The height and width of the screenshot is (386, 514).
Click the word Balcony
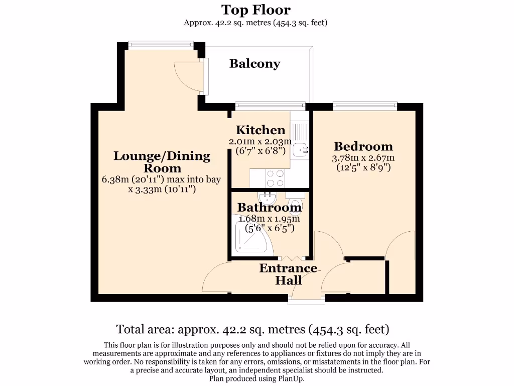coord(254,64)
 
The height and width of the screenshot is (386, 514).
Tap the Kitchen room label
coord(261,130)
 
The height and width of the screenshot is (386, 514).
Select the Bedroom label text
coord(363,146)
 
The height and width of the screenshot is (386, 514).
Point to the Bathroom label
coord(269,207)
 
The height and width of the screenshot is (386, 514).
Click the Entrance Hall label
coord(288,274)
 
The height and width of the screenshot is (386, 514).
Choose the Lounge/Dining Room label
coord(162,162)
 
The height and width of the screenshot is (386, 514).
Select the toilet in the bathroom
coord(296,205)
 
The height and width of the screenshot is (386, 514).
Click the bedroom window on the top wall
coord(365,106)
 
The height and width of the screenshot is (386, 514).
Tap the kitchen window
coord(270,106)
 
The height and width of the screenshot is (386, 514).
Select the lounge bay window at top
coord(161,45)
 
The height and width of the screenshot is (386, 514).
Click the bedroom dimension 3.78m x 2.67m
coord(363,157)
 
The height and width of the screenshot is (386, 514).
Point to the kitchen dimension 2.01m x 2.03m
coord(260,141)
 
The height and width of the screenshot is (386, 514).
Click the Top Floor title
coord(256,10)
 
